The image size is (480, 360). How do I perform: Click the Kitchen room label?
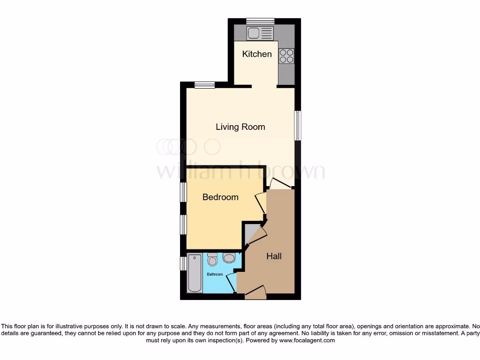pos(256,54)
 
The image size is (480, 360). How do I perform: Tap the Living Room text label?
pos(240,127)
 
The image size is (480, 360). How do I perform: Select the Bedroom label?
pos(220,197)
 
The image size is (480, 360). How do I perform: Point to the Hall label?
pos(274,256)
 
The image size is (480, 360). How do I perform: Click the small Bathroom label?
pos(215,274)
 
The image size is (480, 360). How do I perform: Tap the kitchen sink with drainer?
pos(260,33)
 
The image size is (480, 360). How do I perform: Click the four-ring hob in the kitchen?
pos(286,56)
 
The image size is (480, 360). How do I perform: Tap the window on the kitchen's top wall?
pos(260,20)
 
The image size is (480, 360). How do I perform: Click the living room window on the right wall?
pos(297,125)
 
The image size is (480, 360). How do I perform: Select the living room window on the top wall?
pos(205,85)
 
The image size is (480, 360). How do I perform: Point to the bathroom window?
pos(183,263)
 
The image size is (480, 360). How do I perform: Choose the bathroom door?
pos(231,283)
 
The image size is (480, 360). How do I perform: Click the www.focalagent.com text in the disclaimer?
pos(307,341)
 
